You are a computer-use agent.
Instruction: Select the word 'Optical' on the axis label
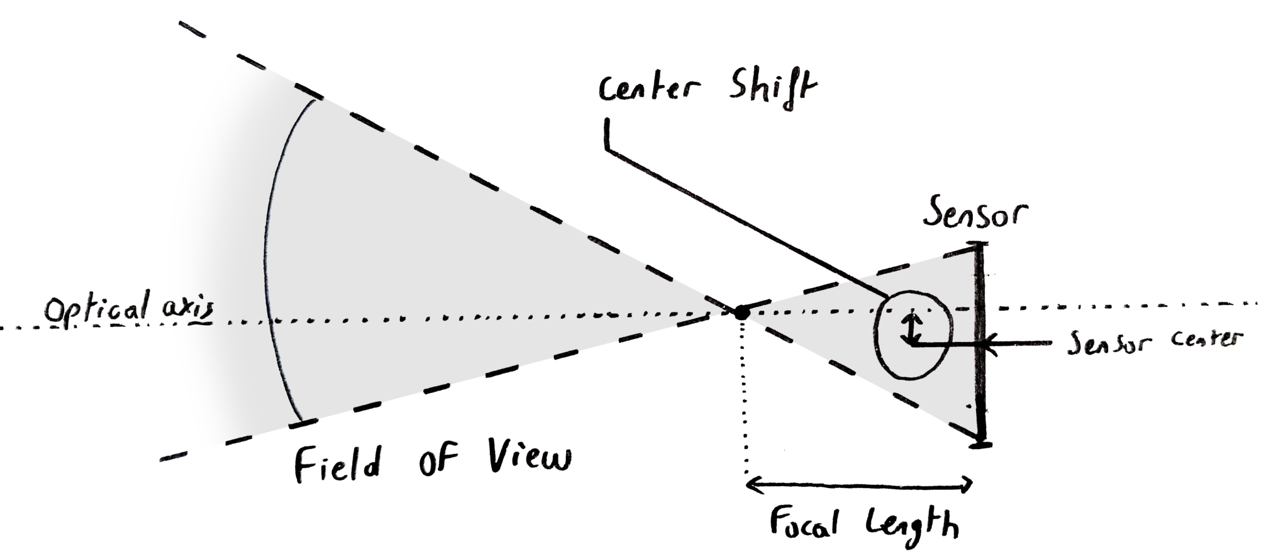pyautogui.click(x=97, y=310)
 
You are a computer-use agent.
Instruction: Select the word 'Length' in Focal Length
pyautogui.click(x=912, y=523)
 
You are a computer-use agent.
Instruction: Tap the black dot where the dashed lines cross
pyautogui.click(x=742, y=311)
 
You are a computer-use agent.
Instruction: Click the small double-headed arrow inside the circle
pyautogui.click(x=911, y=327)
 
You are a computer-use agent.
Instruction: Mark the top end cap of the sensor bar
pyautogui.click(x=978, y=243)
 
